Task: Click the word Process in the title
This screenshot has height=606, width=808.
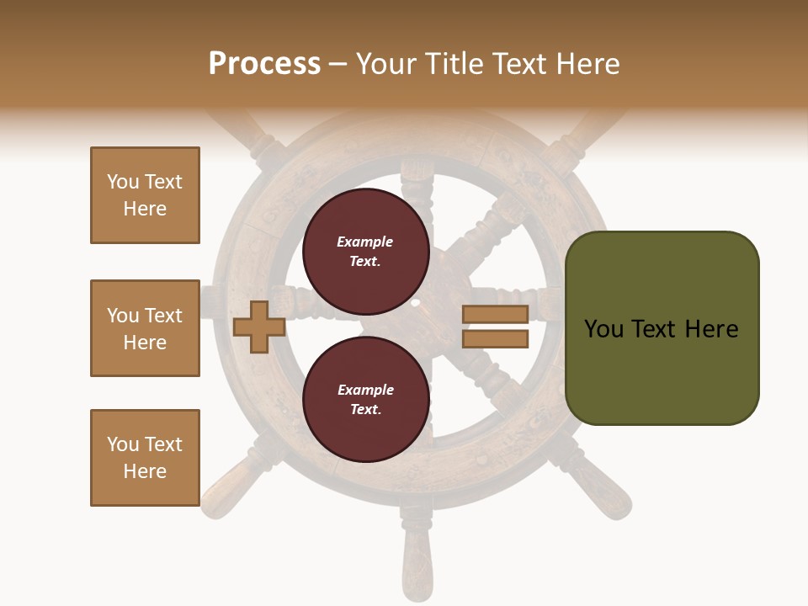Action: click(x=264, y=63)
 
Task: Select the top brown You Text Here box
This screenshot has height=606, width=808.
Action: click(x=145, y=195)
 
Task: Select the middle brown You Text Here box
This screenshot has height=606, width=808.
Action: click(x=145, y=328)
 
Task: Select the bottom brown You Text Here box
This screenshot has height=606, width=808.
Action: click(x=145, y=458)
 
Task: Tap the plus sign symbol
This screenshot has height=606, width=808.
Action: click(x=259, y=327)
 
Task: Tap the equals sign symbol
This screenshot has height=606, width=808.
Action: click(x=495, y=327)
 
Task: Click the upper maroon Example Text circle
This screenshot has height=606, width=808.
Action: click(x=365, y=252)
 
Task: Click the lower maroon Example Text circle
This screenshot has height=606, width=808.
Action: click(x=365, y=399)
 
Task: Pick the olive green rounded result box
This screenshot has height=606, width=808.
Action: click(x=662, y=328)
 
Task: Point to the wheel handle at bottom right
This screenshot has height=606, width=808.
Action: click(x=608, y=488)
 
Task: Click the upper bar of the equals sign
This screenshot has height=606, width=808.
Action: click(x=495, y=315)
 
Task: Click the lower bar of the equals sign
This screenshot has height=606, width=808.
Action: click(x=495, y=339)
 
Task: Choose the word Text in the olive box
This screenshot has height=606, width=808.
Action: click(x=662, y=328)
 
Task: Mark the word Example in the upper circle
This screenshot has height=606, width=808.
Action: click(x=364, y=242)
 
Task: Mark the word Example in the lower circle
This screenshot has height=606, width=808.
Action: click(x=365, y=390)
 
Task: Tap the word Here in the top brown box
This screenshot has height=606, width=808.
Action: click(x=145, y=209)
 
